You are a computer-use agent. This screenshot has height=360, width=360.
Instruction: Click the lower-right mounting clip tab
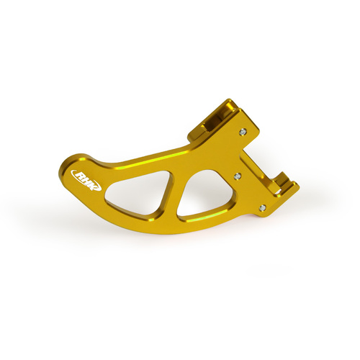click(288, 191)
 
